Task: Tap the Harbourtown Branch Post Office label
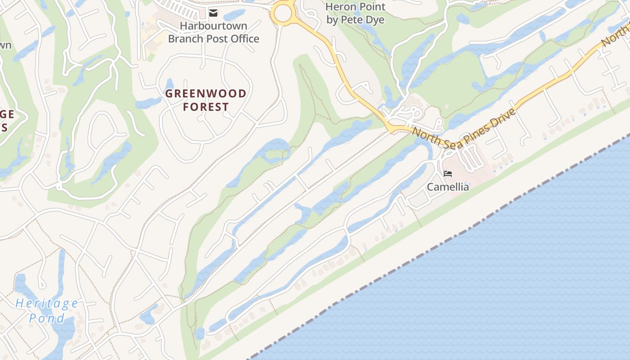[x=213, y=32]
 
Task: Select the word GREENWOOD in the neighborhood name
[x=206, y=94]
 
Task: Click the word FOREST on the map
[x=206, y=107]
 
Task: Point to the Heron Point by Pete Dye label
[x=355, y=13]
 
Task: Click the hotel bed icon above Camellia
[x=447, y=174]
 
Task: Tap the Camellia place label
[x=448, y=187]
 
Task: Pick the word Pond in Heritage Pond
[x=47, y=319]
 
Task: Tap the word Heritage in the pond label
[x=47, y=303]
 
